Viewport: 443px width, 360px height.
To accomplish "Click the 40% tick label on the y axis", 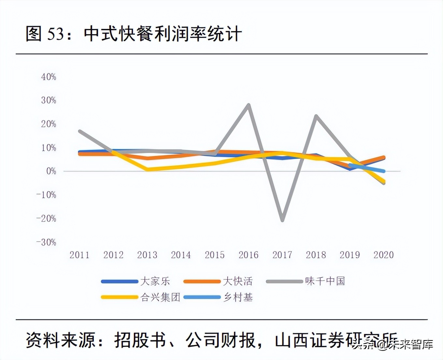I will (49, 77).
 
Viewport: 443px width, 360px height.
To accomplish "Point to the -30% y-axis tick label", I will (46, 242).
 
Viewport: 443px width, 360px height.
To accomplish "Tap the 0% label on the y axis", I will (51, 171).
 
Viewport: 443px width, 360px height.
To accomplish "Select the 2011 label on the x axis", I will (79, 255).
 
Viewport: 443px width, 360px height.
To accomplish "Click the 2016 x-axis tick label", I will (248, 255).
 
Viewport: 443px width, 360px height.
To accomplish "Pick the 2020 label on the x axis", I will (383, 255).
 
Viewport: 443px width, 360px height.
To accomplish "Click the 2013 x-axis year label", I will (147, 255).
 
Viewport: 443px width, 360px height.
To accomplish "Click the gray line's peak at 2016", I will (249, 105).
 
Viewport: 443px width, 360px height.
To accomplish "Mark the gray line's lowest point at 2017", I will (282, 220).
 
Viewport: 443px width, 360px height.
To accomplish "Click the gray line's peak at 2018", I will (316, 116).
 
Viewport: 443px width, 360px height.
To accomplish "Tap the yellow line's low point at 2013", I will (147, 169).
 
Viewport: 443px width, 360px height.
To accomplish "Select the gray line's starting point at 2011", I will (80, 131).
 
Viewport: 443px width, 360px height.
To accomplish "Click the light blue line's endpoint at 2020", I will (384, 171).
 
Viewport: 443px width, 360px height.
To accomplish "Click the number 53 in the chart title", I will (56, 34).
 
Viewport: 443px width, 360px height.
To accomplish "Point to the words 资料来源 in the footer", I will (61, 340).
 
